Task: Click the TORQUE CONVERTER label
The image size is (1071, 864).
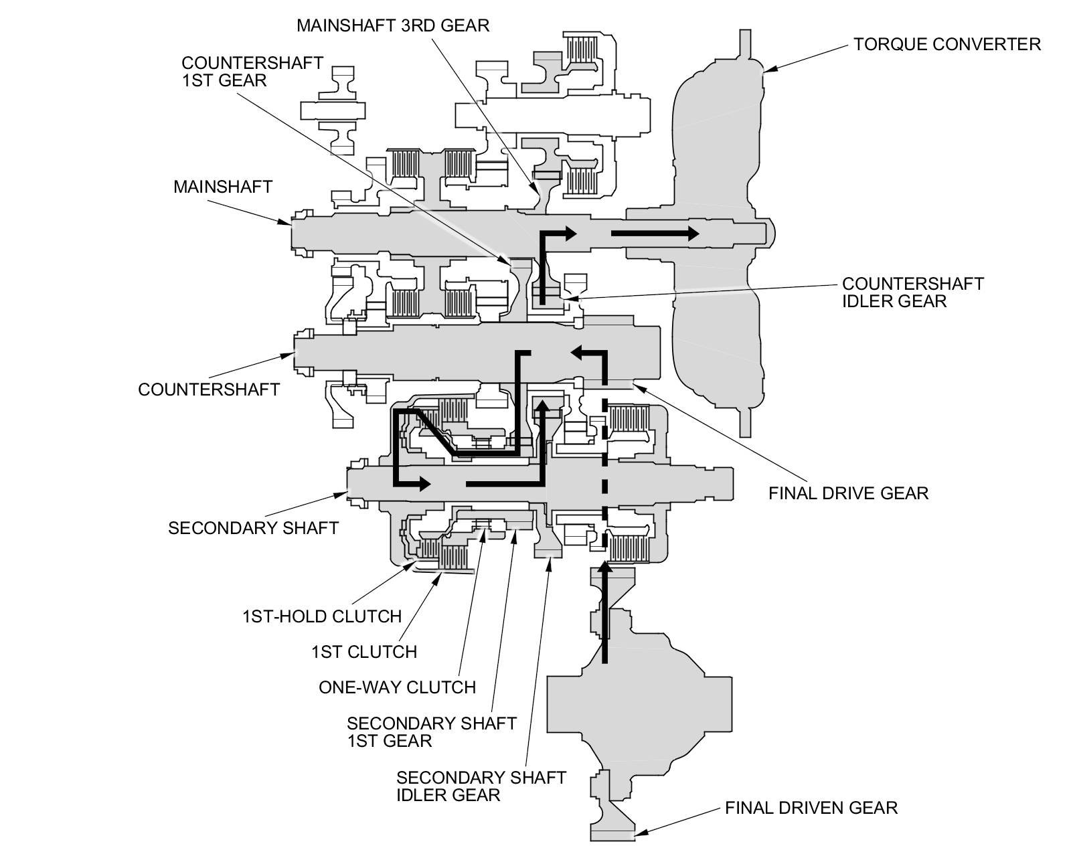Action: (946, 44)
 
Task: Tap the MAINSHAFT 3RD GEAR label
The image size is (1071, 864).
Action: (393, 25)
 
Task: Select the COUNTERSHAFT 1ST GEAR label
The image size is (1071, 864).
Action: (252, 71)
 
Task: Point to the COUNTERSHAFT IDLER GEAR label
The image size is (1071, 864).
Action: (912, 292)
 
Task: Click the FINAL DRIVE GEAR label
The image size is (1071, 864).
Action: (848, 494)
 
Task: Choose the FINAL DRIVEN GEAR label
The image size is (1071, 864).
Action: (811, 808)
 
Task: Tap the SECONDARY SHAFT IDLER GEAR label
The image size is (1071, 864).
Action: (481, 786)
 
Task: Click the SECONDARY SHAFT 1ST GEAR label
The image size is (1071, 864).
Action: (431, 731)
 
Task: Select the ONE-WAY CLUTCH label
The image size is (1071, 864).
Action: (397, 687)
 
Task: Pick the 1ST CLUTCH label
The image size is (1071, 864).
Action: (363, 651)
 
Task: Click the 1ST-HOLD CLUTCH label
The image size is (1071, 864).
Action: (321, 616)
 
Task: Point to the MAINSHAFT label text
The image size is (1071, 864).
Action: (222, 186)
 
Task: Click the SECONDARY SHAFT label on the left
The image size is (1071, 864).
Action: (253, 528)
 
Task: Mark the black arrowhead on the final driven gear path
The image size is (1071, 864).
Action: (605, 570)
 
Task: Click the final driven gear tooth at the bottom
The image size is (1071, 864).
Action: (612, 833)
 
